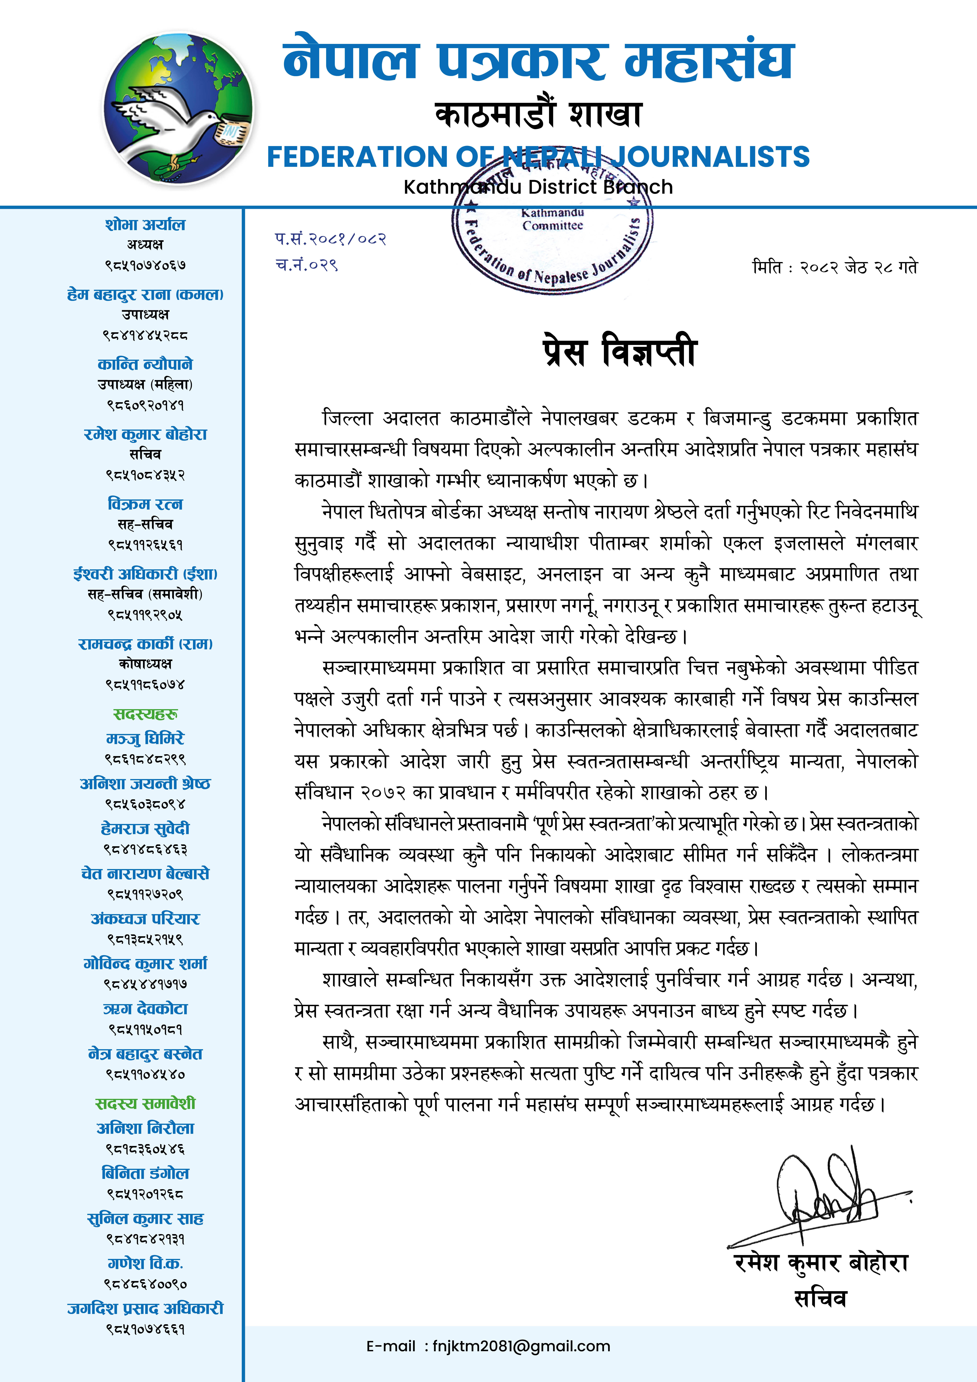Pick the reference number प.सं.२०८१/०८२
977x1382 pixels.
(331, 239)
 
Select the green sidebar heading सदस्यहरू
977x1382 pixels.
(145, 714)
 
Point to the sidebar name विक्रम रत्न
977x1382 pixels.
(145, 504)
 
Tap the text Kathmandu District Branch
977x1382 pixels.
(538, 187)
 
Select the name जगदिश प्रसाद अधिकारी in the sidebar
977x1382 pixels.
(145, 1308)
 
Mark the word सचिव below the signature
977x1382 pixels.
(820, 1299)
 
